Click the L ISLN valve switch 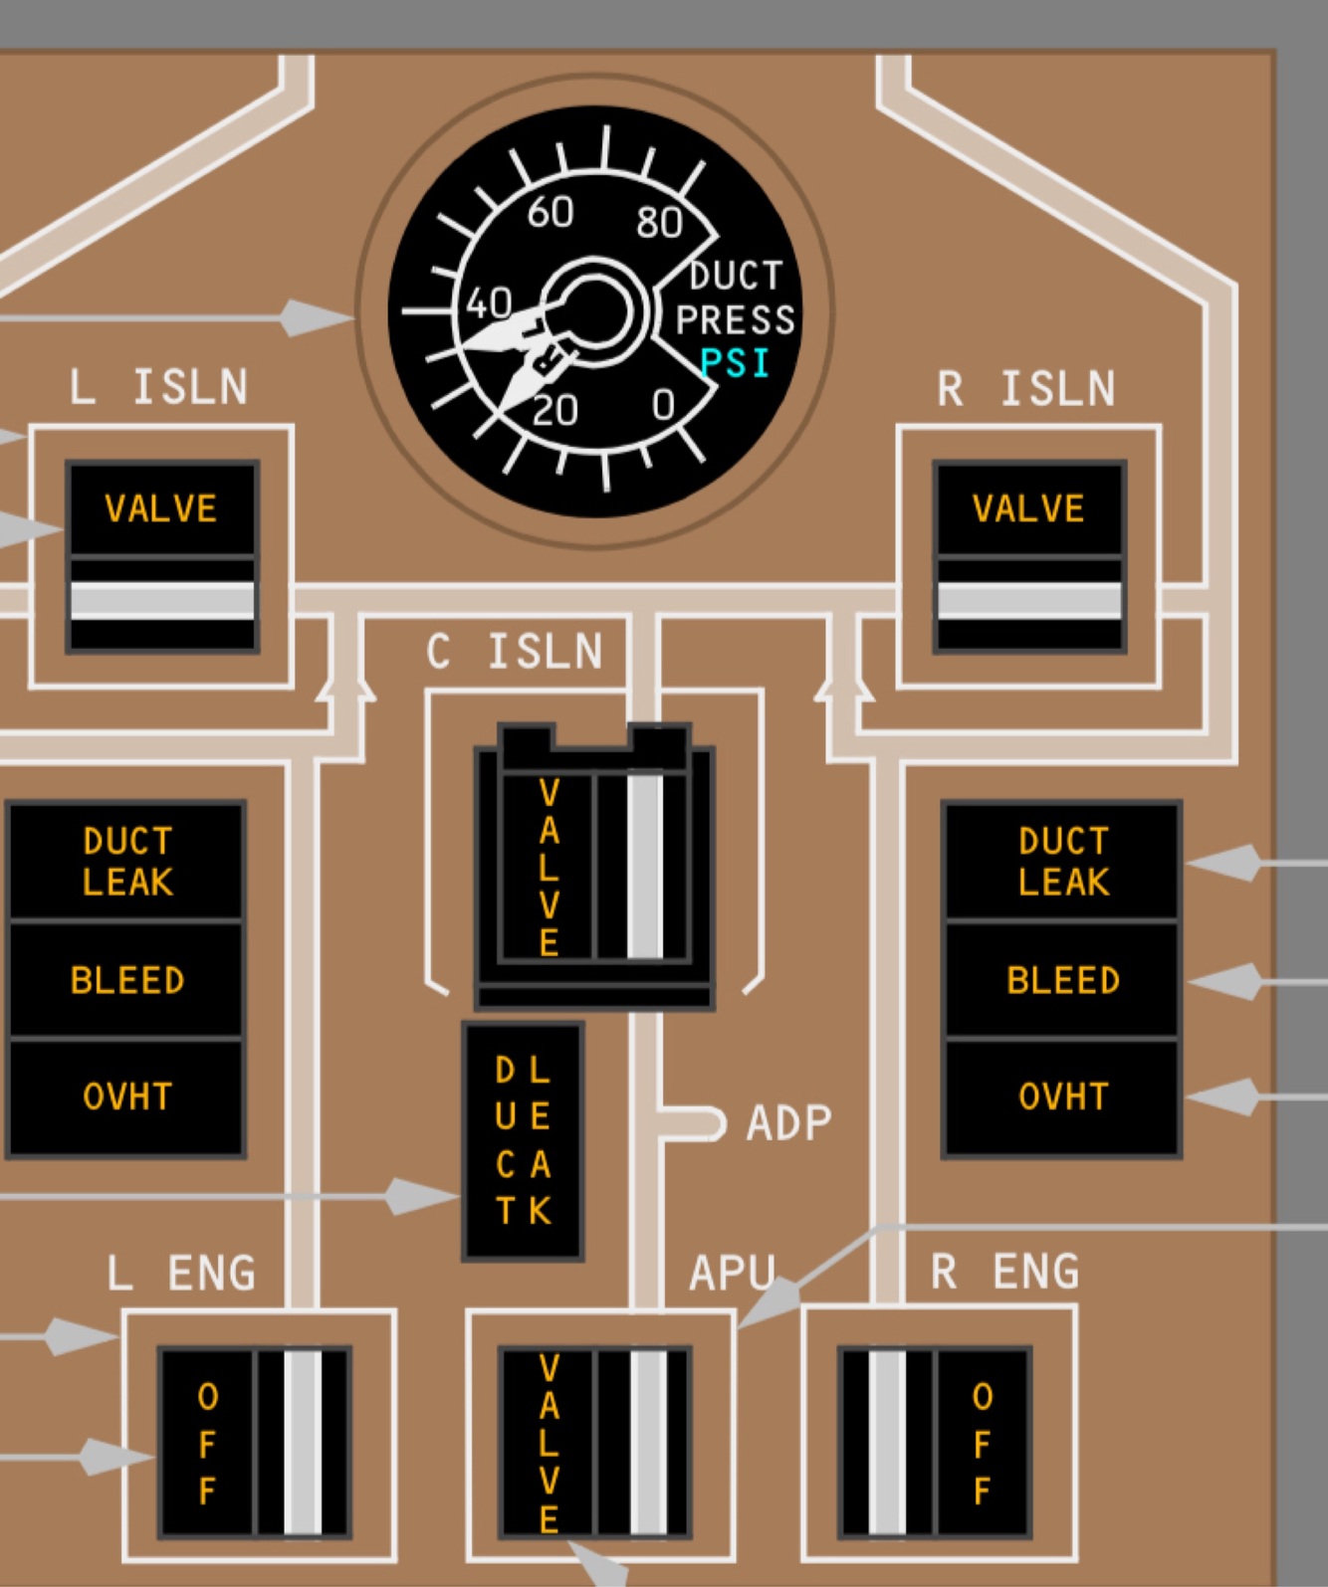click(162, 556)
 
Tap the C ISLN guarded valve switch click(594, 866)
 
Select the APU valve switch click(594, 1442)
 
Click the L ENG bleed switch click(255, 1442)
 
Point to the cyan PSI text click(736, 363)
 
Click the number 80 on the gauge click(659, 223)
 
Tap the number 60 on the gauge click(550, 212)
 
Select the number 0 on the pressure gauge click(663, 405)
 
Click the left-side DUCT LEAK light click(126, 862)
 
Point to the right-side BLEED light click(1062, 980)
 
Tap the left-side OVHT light click(126, 1096)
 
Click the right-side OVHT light click(1062, 1096)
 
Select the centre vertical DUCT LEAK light click(523, 1140)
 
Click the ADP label click(788, 1123)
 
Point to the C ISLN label click(515, 653)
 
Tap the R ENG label click(1004, 1272)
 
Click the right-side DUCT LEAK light click(1062, 862)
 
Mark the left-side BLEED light click(126, 980)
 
